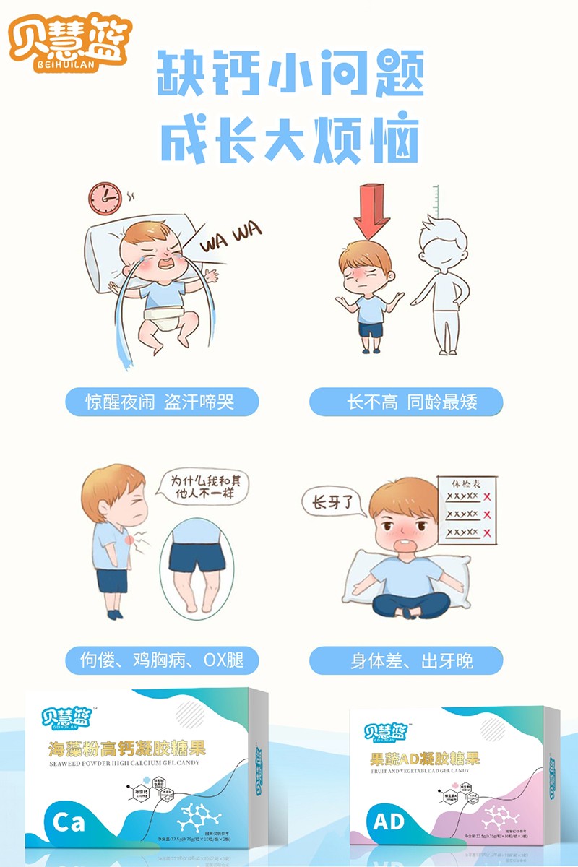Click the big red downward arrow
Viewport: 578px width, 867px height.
point(372,210)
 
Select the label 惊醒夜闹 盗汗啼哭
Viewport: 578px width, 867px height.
point(161,402)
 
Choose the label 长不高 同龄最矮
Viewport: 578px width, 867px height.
point(405,402)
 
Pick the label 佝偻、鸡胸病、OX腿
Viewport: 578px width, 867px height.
point(161,660)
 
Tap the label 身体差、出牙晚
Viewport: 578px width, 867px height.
point(405,660)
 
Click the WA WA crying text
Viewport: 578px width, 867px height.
point(231,238)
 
